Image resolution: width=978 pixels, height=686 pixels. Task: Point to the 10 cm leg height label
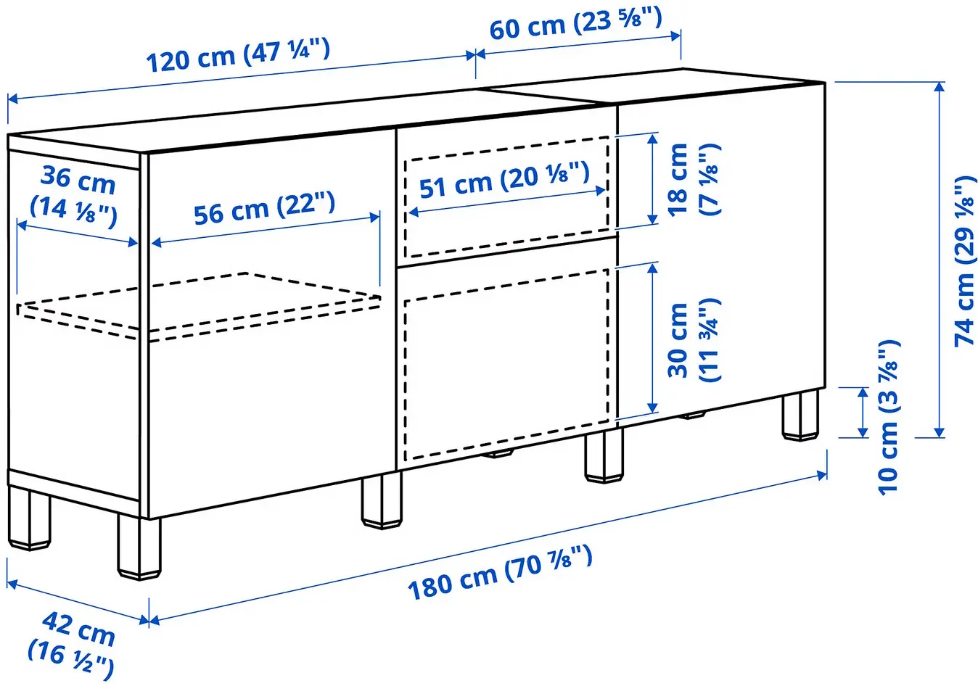[889, 417]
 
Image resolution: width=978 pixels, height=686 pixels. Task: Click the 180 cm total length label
[500, 574]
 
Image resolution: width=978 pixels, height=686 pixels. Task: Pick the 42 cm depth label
[73, 642]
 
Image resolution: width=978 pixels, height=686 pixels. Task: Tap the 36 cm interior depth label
[75, 195]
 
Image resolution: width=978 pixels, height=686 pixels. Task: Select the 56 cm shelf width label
[264, 208]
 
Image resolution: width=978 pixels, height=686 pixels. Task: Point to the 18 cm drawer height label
[692, 178]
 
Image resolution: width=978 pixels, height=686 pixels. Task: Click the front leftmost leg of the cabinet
[139, 547]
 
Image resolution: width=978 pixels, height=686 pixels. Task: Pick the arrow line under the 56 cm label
[266, 230]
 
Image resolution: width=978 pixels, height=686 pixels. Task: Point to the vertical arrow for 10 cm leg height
[862, 413]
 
